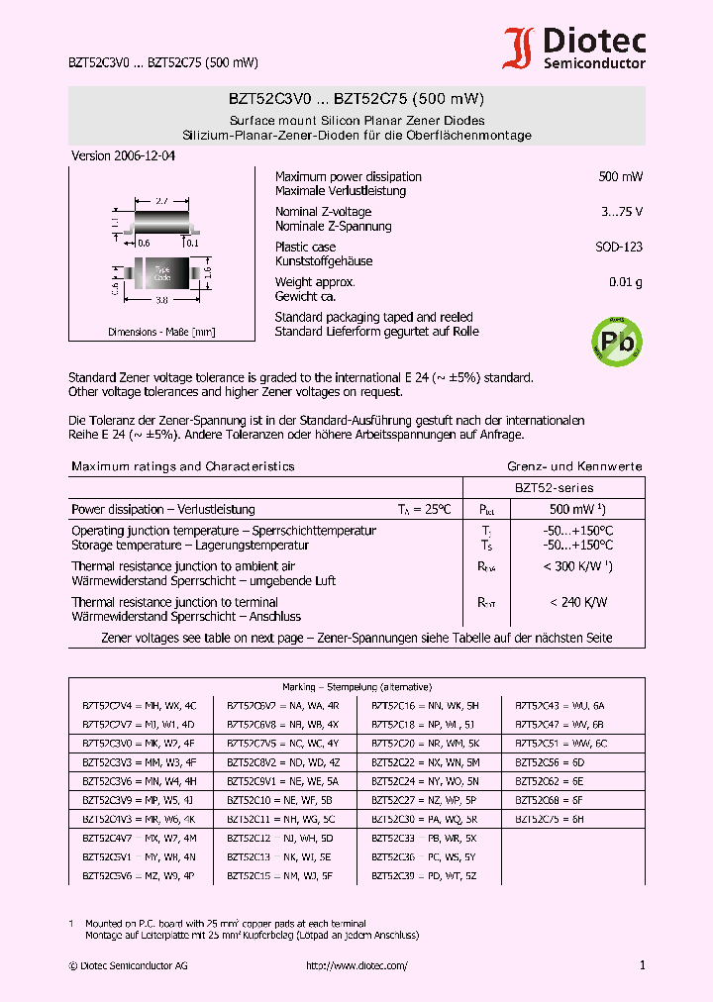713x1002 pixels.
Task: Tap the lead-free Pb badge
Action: tap(616, 340)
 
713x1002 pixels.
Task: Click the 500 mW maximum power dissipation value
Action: tap(620, 177)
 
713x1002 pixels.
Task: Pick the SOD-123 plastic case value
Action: tap(619, 248)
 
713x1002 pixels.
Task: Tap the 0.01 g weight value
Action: tap(625, 283)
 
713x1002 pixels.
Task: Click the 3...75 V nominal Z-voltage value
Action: tap(622, 212)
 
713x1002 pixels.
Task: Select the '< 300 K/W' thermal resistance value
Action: tap(578, 567)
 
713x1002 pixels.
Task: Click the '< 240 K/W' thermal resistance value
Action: tap(578, 602)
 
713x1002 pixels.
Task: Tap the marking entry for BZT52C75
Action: tap(551, 819)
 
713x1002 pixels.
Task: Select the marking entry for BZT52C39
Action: tap(424, 875)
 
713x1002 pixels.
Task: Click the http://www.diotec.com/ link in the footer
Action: tap(356, 965)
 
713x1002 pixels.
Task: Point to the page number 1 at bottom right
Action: tap(642, 965)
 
